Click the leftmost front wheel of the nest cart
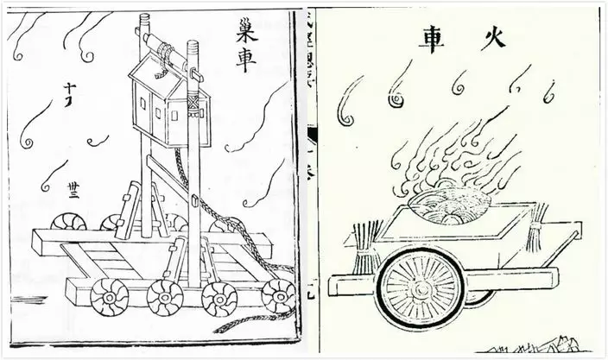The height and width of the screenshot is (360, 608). tap(109, 295)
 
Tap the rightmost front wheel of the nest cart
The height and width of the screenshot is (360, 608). tap(278, 295)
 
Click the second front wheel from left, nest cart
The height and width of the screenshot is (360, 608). tap(163, 297)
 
